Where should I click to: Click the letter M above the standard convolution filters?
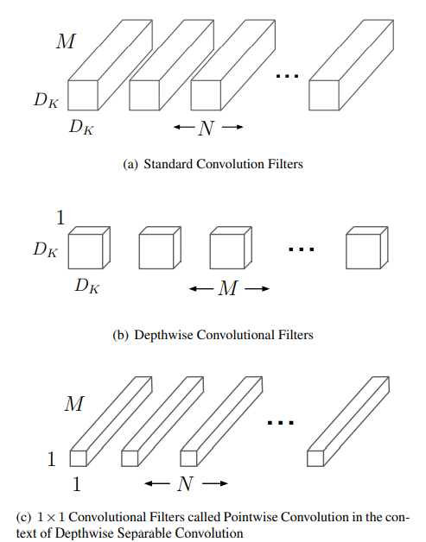(x=66, y=41)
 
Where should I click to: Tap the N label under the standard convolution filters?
(x=207, y=128)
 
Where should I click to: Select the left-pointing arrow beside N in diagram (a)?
(x=184, y=127)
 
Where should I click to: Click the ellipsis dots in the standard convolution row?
(x=287, y=76)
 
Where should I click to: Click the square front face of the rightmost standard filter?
(x=324, y=96)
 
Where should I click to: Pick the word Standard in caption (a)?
(x=168, y=164)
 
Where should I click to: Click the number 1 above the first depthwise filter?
(x=60, y=217)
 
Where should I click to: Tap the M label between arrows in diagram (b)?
(x=228, y=288)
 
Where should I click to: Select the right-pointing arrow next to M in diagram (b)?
(x=257, y=288)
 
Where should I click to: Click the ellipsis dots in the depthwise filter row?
(x=302, y=249)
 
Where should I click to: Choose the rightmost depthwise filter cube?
(x=367, y=248)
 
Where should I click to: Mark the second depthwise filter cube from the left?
(x=160, y=248)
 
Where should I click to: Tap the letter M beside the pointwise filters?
(x=74, y=404)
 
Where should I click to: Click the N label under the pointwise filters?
(x=185, y=483)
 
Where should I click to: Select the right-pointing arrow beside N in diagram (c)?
(x=215, y=483)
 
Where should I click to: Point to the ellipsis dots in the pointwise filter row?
(x=281, y=422)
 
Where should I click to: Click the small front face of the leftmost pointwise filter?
(x=79, y=458)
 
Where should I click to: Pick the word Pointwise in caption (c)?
(x=251, y=517)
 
